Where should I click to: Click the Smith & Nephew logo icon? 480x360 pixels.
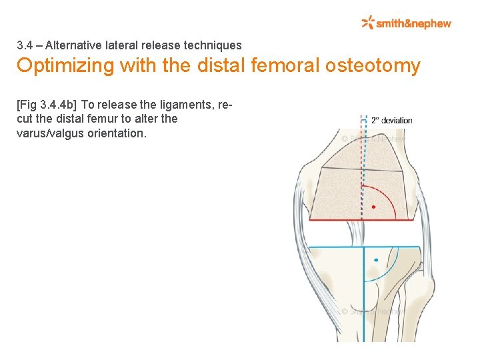tap(367, 23)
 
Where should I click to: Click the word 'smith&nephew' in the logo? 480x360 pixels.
tap(413, 23)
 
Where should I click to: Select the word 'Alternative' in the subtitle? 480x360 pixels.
tap(73, 45)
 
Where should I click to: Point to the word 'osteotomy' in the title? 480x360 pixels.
tap(375, 66)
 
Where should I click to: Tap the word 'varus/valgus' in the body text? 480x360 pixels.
tap(47, 133)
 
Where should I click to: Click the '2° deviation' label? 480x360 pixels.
tap(392, 121)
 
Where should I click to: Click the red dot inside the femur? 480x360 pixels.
tap(373, 207)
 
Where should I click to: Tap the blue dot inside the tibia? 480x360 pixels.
tap(376, 259)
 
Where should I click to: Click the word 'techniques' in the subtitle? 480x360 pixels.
tap(216, 45)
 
